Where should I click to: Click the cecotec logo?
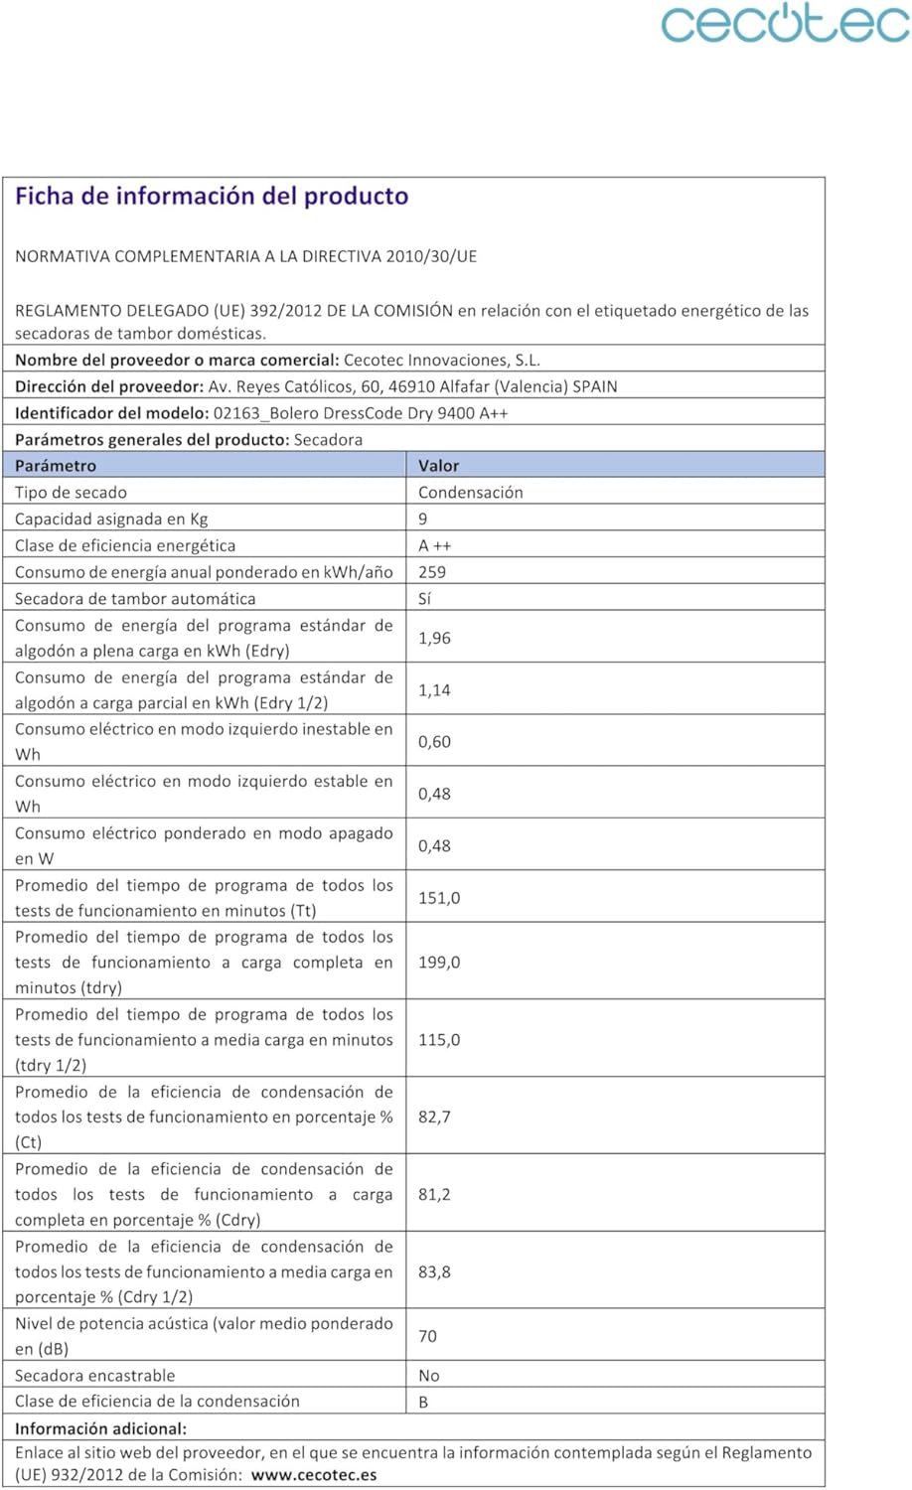point(785,24)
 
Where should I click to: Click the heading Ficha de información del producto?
point(212,196)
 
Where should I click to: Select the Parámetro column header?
point(56,466)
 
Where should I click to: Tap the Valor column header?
point(438,466)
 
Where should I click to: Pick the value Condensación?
point(470,493)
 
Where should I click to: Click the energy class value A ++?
point(435,545)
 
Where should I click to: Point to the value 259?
point(432,572)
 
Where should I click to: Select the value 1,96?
point(434,638)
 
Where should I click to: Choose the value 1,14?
point(434,689)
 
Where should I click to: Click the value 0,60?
point(434,742)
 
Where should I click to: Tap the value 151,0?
point(439,898)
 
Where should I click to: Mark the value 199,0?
point(439,963)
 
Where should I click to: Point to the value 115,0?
point(439,1040)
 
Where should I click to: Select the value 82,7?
point(434,1117)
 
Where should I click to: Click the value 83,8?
point(434,1271)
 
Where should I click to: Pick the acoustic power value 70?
point(427,1336)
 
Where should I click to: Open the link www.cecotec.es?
point(314,1475)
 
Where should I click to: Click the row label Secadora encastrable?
point(94,1376)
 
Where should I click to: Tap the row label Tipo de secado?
point(71,493)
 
